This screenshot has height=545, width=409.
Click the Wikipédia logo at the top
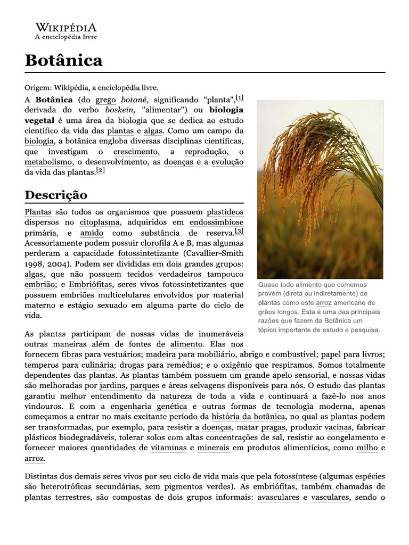click(x=66, y=31)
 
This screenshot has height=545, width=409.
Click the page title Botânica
click(x=63, y=60)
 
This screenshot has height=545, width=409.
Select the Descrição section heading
click(x=56, y=194)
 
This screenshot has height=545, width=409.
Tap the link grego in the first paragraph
click(x=105, y=100)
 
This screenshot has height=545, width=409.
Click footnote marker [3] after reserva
click(x=239, y=231)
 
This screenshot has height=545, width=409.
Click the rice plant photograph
click(x=320, y=189)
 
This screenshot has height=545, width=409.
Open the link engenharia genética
click(x=141, y=406)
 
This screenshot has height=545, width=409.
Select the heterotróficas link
click(x=66, y=487)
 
